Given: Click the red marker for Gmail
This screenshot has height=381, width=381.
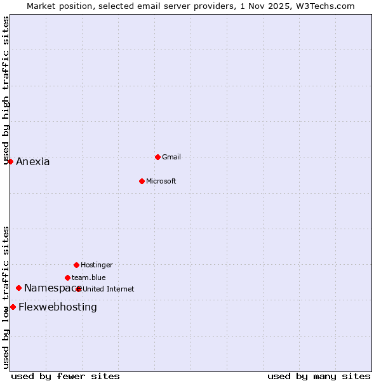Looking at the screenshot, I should tap(157, 157).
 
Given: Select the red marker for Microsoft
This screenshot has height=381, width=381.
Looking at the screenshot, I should tap(142, 181).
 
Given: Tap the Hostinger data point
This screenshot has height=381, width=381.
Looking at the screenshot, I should tap(76, 265).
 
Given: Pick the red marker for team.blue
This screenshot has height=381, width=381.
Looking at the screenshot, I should tap(67, 277).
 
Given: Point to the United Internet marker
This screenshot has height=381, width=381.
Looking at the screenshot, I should tap(79, 289).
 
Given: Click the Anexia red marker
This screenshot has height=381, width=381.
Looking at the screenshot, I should tap(10, 161).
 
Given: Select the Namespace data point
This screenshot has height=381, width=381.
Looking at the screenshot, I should tap(18, 288).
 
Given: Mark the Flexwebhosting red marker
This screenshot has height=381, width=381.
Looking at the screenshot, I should tap(13, 307).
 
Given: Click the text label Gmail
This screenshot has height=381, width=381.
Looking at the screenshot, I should tap(171, 157).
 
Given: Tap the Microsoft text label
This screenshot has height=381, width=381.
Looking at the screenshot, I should tap(161, 181).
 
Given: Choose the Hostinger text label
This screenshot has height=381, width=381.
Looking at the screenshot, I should tap(97, 265).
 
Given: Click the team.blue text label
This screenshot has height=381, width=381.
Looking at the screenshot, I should tap(89, 277).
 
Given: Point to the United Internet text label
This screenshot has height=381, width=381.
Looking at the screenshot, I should tap(109, 289).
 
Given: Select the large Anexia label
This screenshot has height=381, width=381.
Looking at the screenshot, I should tap(33, 161).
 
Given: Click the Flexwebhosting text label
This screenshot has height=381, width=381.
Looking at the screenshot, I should tap(58, 307).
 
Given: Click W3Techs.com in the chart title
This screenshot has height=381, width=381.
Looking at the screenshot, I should tap(328, 6).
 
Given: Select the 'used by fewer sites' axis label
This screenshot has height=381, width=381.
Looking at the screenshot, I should tap(65, 376).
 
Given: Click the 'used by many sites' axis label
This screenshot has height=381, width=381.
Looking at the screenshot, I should tap(319, 376).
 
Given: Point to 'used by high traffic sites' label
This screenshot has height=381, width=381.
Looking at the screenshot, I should tap(6, 90).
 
